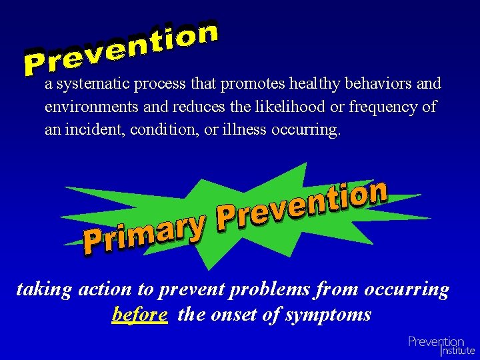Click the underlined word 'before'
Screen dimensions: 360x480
point(140,314)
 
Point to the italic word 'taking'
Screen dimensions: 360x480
point(44,290)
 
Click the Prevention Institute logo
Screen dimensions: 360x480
point(441,345)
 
